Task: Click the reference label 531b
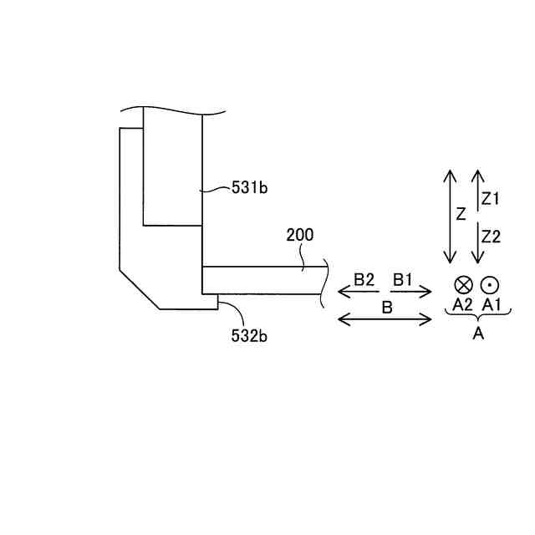point(250,188)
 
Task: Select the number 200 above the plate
point(300,235)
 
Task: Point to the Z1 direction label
point(491,199)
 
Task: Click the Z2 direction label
point(491,237)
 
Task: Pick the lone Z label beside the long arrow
point(461,214)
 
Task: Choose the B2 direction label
point(364,279)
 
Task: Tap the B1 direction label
point(403,279)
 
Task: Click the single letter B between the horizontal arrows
point(387,307)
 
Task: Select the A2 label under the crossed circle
point(462,305)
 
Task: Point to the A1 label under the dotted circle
point(492,305)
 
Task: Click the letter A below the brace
point(478,334)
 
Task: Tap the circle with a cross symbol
point(463,284)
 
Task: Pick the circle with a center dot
point(489,284)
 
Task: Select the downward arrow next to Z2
point(476,242)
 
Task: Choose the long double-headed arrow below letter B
point(385,319)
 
